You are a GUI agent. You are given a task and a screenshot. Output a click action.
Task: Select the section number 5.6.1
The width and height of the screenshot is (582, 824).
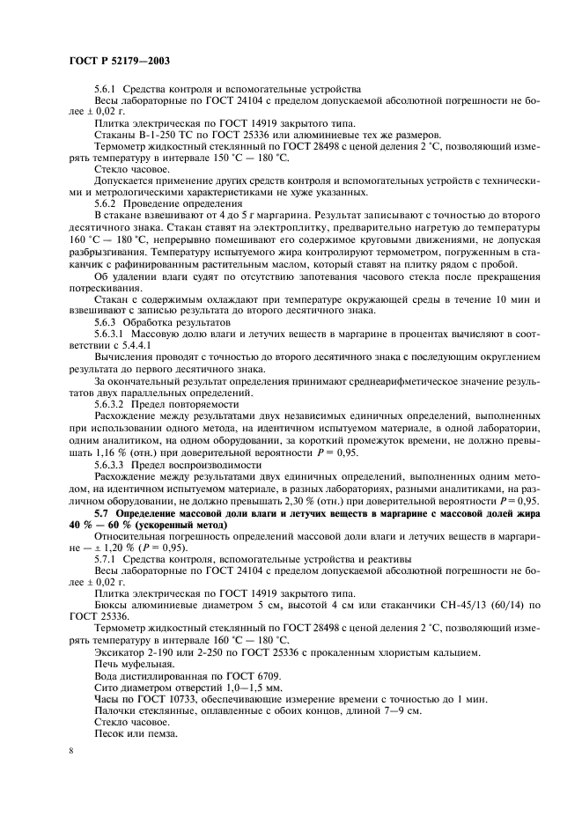pos(107,90)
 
